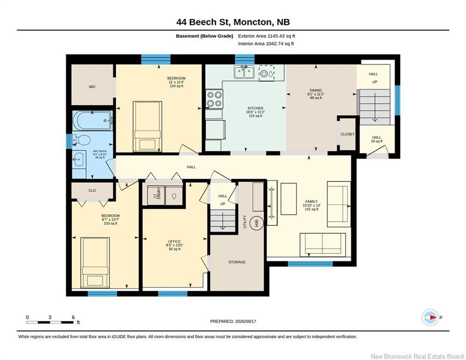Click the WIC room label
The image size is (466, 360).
pyautogui.click(x=92, y=87)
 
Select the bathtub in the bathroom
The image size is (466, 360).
pyautogui.click(x=92, y=120)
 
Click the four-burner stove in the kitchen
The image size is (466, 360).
pyautogui.click(x=215, y=99)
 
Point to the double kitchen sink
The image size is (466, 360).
pyautogui.click(x=244, y=72)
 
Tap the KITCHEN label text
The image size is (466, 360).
pyautogui.click(x=256, y=108)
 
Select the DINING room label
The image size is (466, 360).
pyautogui.click(x=316, y=90)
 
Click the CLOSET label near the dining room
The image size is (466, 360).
pyautogui.click(x=348, y=134)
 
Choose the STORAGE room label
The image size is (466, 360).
pyautogui.click(x=237, y=262)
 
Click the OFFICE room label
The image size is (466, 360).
pyautogui.click(x=174, y=241)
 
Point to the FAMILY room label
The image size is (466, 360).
pyautogui.click(x=311, y=202)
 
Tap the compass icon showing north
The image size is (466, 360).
pyautogui.click(x=430, y=317)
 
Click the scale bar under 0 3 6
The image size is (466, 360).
pyautogui.click(x=50, y=322)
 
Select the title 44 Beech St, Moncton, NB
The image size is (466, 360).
pyautogui.click(x=233, y=22)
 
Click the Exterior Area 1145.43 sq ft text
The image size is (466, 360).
pyautogui.click(x=266, y=36)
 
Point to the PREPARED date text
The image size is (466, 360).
pyautogui.click(x=233, y=321)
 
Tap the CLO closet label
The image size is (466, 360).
pyautogui.click(x=92, y=190)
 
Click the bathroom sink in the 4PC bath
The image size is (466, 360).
pyautogui.click(x=79, y=160)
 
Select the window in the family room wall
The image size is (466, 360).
pyautogui.click(x=310, y=263)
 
